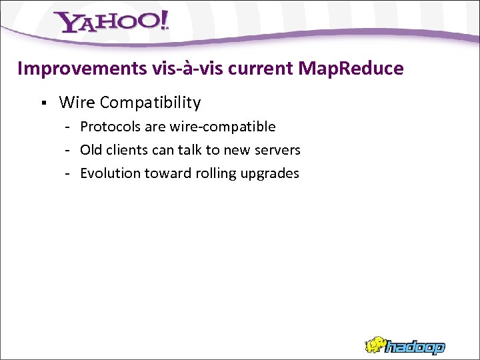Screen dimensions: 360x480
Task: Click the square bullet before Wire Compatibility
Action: [43, 103]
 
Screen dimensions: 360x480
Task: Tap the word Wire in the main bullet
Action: [75, 103]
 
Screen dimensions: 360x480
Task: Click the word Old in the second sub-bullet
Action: [92, 150]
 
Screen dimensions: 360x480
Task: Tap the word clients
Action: [127, 150]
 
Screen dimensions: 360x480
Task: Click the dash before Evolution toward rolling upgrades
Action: [68, 173]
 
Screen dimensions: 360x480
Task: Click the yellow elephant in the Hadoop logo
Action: [377, 345]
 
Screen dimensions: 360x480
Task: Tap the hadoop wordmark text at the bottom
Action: [417, 347]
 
